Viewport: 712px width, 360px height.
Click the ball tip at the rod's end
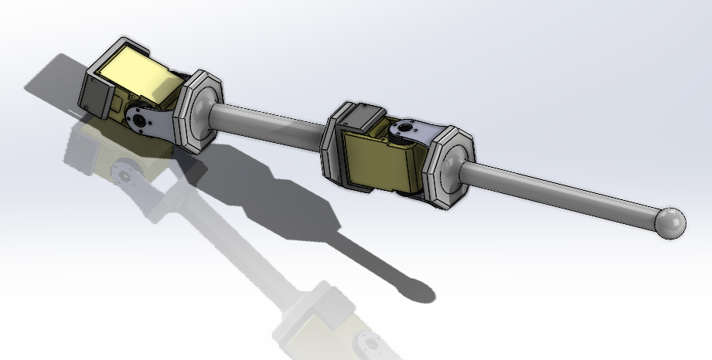(x=669, y=222)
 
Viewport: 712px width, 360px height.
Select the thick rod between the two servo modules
(x=271, y=126)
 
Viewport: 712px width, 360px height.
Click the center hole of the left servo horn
(x=138, y=121)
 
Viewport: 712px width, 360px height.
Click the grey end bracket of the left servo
(x=95, y=93)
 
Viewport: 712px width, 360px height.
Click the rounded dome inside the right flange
(x=455, y=166)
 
